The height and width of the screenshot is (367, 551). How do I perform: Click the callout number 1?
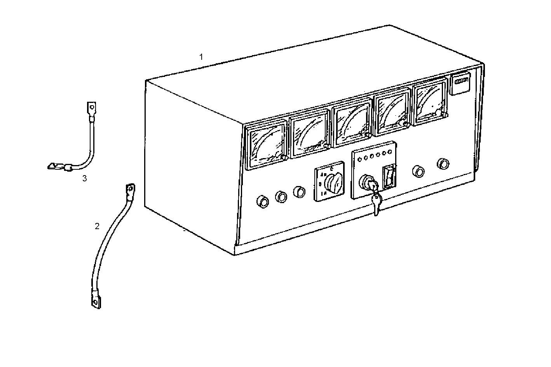click(x=201, y=57)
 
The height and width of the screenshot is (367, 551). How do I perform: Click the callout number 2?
click(x=97, y=226)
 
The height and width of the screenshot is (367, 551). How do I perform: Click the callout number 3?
click(x=85, y=179)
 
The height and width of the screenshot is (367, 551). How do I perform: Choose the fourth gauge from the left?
click(x=392, y=111)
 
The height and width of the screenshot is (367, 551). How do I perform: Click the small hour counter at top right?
click(x=460, y=83)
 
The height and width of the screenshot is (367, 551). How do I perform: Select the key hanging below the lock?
click(x=376, y=202)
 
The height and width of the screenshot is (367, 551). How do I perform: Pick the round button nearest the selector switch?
click(x=299, y=191)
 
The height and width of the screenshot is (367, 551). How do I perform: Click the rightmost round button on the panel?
click(x=443, y=163)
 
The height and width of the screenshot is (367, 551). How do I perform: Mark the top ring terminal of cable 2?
click(x=130, y=190)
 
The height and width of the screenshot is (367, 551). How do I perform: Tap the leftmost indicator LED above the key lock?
click(x=360, y=159)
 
